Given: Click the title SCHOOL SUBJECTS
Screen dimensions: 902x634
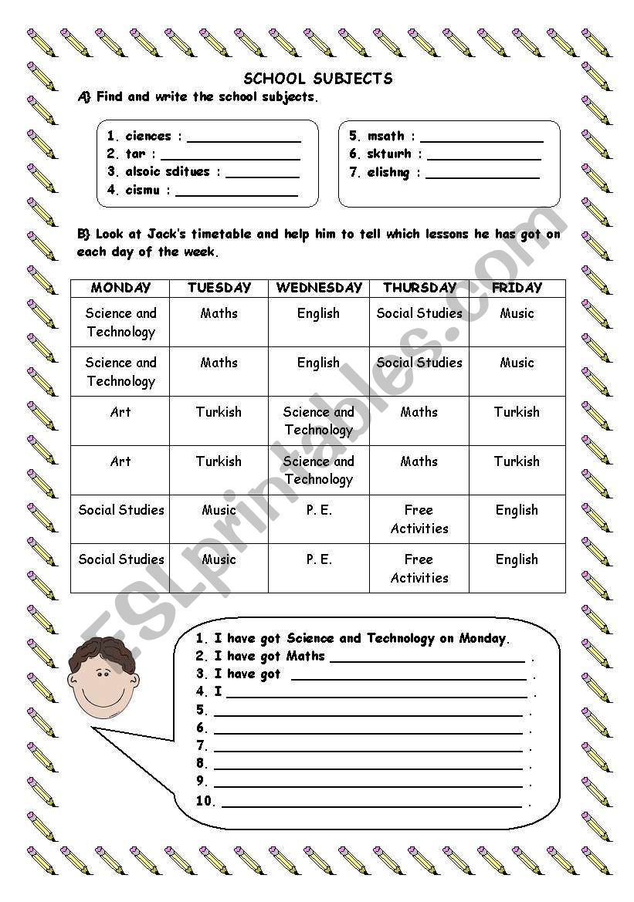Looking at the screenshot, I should pos(318,79).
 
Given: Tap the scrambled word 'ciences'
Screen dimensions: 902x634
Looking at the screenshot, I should pos(148,137).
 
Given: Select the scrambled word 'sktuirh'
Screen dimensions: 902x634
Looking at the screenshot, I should pos(389,154).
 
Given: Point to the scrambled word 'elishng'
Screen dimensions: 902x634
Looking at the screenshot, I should pos(388,173).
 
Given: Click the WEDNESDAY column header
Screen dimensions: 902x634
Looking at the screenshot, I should pos(319,288).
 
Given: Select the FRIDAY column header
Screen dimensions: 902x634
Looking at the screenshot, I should pos(517,288).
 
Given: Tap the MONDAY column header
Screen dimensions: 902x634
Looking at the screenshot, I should pos(120,288).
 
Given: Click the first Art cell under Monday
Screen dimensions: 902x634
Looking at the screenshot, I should pos(120,412).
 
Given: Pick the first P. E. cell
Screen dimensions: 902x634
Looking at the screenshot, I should pos(319,510).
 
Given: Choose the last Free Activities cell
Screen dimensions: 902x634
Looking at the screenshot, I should pos(419,569).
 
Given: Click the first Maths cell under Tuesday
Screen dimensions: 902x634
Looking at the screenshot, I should pos(219,313).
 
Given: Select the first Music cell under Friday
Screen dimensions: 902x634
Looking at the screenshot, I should pos(517,313).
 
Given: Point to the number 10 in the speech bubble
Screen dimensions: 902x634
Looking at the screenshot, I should pos(204,801).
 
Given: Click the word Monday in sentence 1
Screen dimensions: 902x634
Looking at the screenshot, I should pos(483,638).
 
